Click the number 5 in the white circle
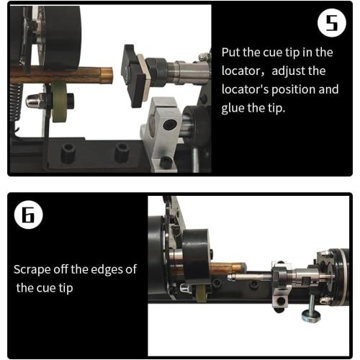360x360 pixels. (x=330, y=25)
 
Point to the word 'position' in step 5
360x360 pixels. (x=297, y=90)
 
